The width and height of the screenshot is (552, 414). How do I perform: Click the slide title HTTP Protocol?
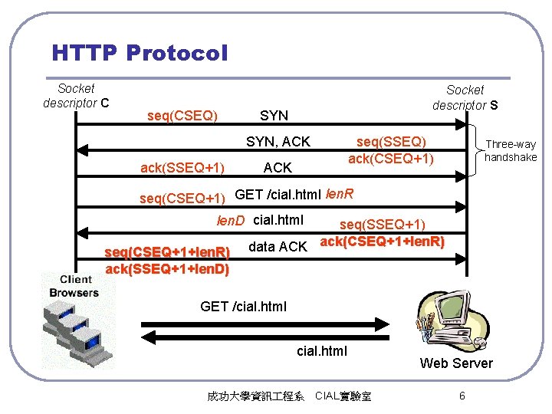pos(140,53)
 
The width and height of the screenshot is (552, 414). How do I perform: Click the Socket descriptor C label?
pos(76,96)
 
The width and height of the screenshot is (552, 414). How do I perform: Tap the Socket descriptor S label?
pos(465,97)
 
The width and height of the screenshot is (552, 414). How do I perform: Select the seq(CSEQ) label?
pos(182,116)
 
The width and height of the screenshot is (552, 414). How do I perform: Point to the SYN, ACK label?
pos(278,142)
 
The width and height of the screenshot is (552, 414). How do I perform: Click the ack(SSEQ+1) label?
pos(182,168)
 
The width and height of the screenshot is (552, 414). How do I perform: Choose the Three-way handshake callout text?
pos(511,150)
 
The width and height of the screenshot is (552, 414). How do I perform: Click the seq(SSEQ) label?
pos(391,142)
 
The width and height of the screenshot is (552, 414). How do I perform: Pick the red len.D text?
pos(230,221)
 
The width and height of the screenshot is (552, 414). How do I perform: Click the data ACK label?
pos(278,246)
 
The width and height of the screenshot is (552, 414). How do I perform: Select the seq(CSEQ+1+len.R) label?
pos(167,252)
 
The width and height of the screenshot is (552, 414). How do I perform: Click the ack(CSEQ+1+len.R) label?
pos(382,242)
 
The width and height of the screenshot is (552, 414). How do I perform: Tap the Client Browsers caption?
pos(74,286)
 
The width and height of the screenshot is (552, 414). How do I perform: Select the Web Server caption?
pos(456,363)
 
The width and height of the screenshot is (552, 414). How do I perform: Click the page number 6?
pos(462,396)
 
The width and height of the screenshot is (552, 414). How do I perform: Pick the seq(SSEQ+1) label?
pos(382,224)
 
